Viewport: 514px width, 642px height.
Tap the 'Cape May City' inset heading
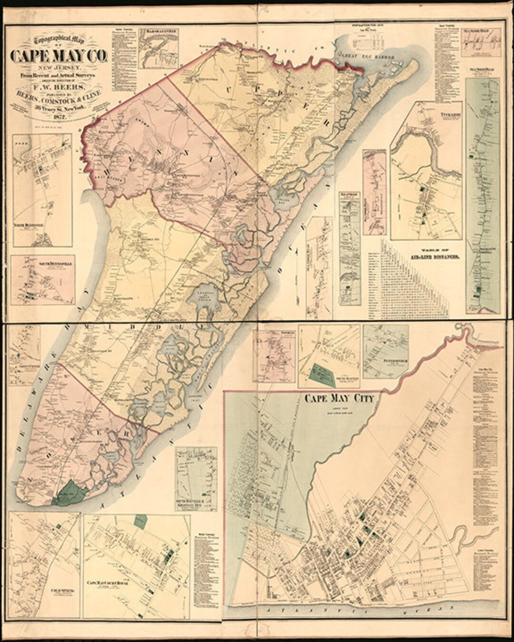click(x=339, y=399)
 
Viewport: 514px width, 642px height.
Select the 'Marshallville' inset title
click(x=158, y=33)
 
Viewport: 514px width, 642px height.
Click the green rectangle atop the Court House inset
click(x=140, y=522)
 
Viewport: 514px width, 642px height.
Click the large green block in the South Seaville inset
click(x=323, y=373)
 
